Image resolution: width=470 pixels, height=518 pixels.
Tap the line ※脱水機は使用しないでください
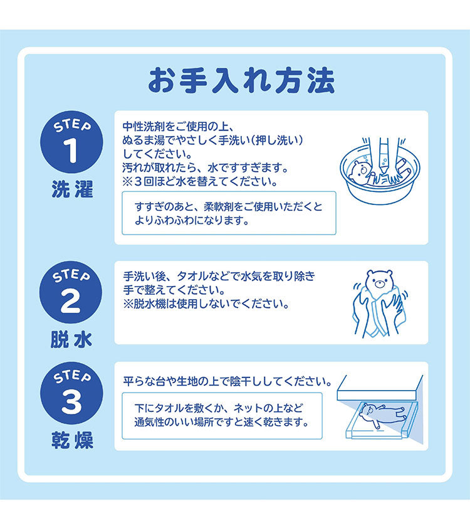pos(206,304)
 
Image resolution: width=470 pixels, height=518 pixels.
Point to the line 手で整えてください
pos(167,290)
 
